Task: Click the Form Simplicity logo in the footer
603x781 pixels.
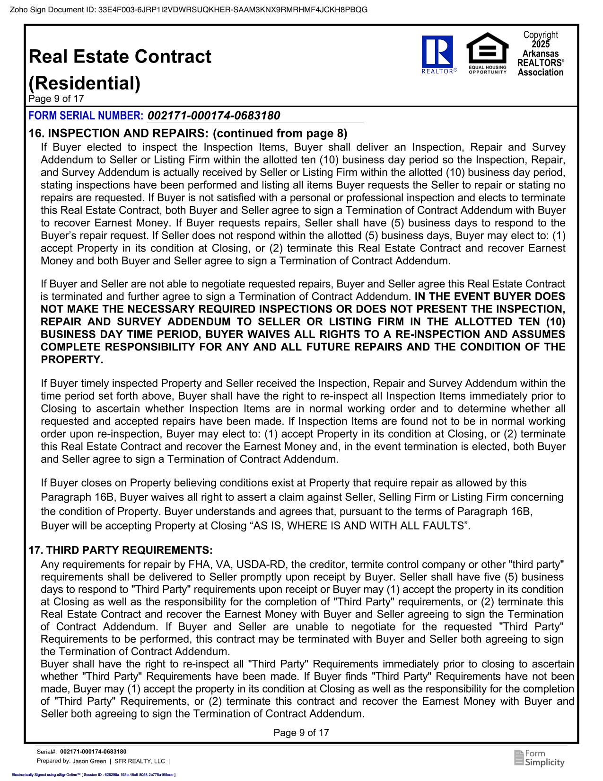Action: click(539, 758)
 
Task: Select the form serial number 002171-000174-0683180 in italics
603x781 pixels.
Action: click(214, 116)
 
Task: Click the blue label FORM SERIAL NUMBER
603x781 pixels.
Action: click(86, 116)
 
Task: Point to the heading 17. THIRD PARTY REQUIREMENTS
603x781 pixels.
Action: click(121, 550)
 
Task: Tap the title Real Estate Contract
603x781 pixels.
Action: click(120, 57)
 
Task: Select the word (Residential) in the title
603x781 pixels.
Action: click(85, 83)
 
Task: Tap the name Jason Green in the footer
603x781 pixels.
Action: click(89, 761)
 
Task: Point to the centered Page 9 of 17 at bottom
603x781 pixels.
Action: click(301, 733)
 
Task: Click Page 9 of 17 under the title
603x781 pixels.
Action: click(56, 99)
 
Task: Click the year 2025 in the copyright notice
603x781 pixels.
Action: click(541, 44)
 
